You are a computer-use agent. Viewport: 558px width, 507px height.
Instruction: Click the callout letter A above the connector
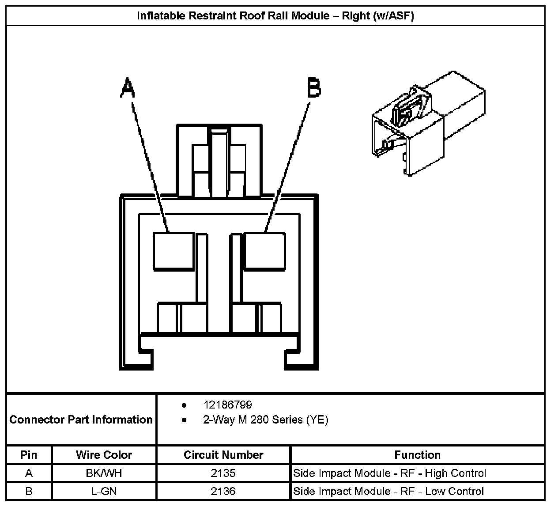coord(127,88)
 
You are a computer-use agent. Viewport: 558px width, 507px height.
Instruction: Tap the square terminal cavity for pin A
coord(173,251)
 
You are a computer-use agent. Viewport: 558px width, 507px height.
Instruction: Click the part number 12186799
coord(227,405)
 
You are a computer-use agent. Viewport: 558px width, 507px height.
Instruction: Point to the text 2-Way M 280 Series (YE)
coord(265,420)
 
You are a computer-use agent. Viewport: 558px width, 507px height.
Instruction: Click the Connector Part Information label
coord(81,420)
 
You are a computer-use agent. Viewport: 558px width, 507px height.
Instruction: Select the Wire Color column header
coord(104,455)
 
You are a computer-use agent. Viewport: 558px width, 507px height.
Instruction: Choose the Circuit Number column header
coord(223,455)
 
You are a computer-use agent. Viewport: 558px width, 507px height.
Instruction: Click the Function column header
coord(417,455)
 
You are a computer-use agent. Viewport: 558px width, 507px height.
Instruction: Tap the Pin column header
coord(29,455)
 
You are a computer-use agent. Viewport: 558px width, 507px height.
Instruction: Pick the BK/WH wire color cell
coord(104,473)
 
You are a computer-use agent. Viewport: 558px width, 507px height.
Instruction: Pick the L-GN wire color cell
coord(104,492)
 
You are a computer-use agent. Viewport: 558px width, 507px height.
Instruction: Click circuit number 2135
coord(223,473)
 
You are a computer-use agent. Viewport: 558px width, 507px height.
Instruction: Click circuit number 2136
coord(223,492)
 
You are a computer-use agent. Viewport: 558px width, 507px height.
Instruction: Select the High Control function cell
coord(389,473)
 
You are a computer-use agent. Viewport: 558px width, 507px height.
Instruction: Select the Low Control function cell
coord(388,492)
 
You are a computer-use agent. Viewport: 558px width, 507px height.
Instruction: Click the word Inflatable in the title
coord(161,16)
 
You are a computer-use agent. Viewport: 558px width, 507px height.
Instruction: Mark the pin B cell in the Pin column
coord(29,492)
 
